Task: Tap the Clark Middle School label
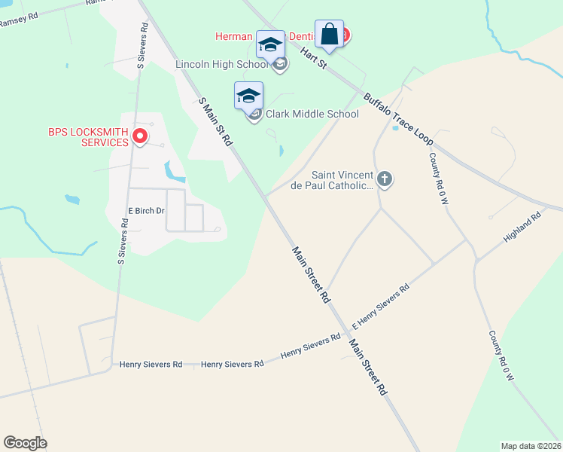tap(312, 114)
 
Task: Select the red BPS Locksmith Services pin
tap(139, 136)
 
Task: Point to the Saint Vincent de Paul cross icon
tap(385, 179)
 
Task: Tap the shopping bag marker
tap(329, 34)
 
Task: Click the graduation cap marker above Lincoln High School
tap(271, 44)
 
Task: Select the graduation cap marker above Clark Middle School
tap(248, 96)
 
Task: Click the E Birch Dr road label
tap(146, 211)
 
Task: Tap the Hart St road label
tap(312, 56)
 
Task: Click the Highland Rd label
tap(522, 227)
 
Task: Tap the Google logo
tap(25, 443)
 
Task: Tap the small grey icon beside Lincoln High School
tap(280, 64)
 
